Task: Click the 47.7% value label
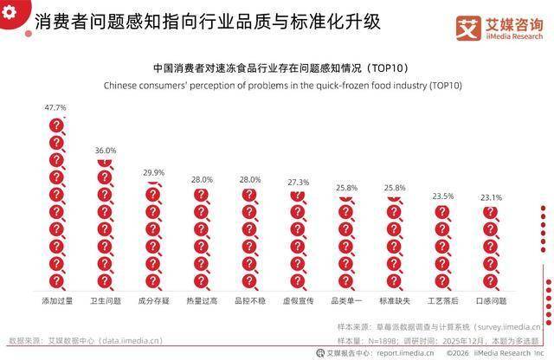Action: click(55, 108)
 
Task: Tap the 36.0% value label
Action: click(105, 151)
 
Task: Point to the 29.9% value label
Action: click(153, 173)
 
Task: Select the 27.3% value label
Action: click(298, 183)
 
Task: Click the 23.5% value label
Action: click(442, 196)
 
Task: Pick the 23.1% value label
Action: click(491, 198)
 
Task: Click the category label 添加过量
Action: click(56, 300)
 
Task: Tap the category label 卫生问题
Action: click(105, 300)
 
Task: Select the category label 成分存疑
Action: click(153, 300)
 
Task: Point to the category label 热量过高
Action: click(201, 300)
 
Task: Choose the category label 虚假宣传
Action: click(298, 300)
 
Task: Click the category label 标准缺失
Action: click(394, 300)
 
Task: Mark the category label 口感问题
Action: click(491, 300)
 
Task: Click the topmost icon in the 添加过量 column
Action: click(56, 126)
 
